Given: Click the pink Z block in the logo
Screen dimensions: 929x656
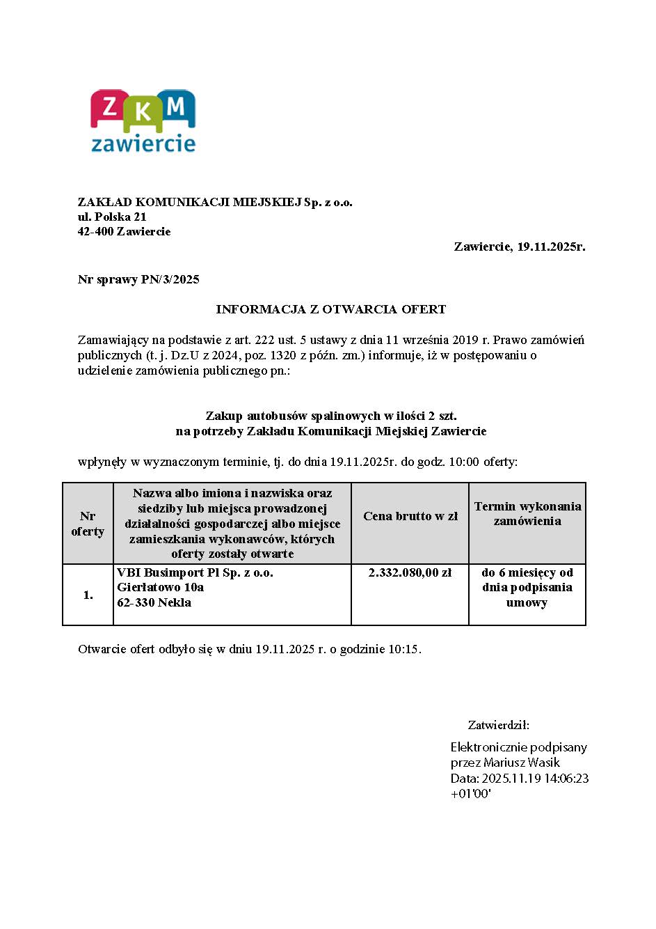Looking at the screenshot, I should coord(109,108).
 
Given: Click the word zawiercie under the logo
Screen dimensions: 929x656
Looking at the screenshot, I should coord(143,144).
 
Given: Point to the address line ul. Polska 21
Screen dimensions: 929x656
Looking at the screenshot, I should coord(112,217).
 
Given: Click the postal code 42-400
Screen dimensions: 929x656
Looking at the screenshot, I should coord(96,231).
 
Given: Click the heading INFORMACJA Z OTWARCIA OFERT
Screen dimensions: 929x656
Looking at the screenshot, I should coord(330,309).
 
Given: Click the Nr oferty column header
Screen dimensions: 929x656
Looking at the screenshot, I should coord(88,524).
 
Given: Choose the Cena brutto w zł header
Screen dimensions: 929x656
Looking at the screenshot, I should coord(410,516).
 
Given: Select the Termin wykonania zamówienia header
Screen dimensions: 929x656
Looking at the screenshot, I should coord(527,514).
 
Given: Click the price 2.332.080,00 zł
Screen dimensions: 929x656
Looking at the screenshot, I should coord(410,572).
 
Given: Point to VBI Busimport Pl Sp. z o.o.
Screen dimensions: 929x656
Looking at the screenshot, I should coord(195,572).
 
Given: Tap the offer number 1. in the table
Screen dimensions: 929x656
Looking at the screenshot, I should coord(88,595).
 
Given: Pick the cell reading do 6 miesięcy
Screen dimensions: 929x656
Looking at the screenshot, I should coord(527,572).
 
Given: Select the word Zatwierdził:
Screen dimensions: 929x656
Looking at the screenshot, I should coord(498,724).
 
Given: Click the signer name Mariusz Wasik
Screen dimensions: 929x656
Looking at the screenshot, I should coord(522,763).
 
